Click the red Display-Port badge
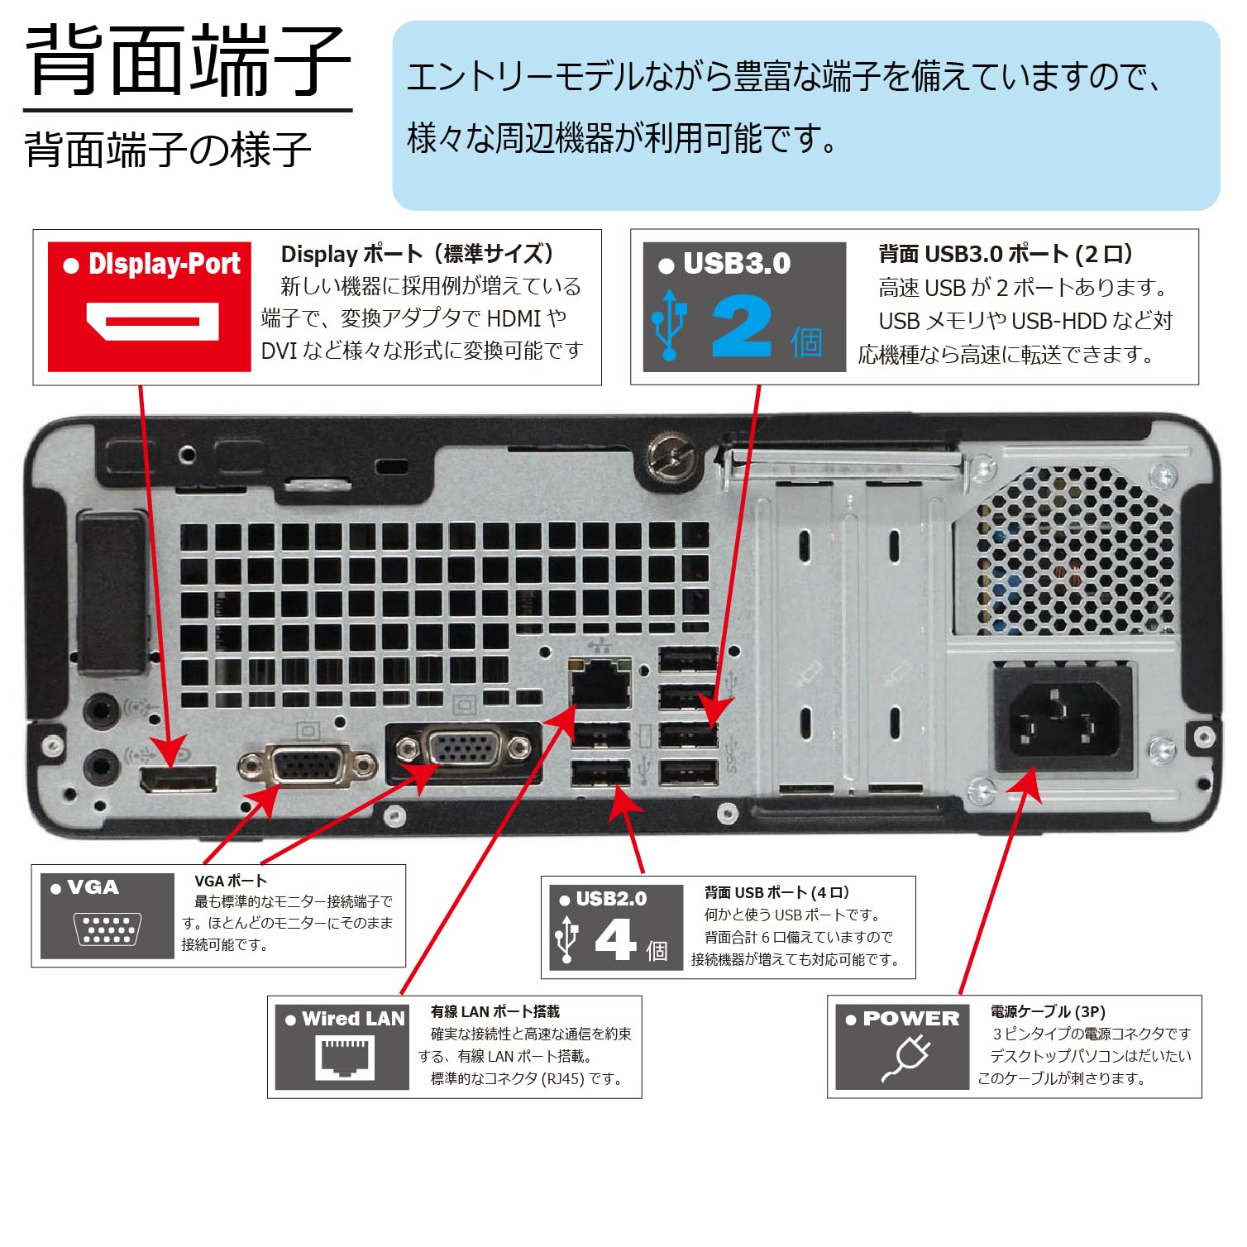pos(149,306)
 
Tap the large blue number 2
pos(741,327)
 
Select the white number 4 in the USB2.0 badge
pos(615,940)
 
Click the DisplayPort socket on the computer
pos(179,779)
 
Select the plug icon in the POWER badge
pos(905,1058)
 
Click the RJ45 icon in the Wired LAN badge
pos(344,1058)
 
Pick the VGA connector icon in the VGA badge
pos(107,929)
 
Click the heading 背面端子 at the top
pos(189,60)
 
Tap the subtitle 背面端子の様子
pos(168,150)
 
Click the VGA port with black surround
pos(464,750)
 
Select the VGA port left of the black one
pos(307,765)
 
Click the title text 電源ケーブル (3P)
pos(1047,1011)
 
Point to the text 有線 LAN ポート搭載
pos(494,1011)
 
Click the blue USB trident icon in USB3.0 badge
pos(669,325)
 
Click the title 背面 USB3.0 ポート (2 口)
pos(1005,254)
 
